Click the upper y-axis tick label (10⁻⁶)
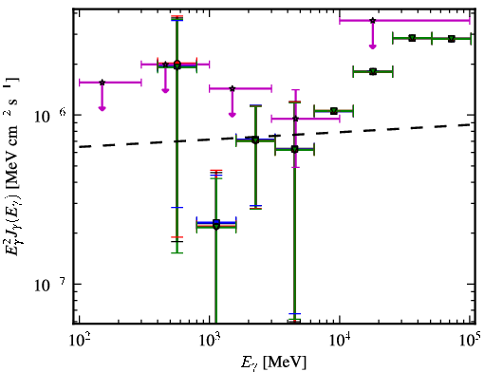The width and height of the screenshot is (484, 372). click(x=50, y=116)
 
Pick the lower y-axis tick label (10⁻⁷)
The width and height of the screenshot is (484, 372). click(x=50, y=285)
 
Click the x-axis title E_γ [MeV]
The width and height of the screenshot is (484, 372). click(x=273, y=363)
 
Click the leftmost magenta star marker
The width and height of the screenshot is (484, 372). click(x=102, y=83)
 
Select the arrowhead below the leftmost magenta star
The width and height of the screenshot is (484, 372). click(x=102, y=108)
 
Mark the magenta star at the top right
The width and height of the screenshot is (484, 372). click(x=373, y=21)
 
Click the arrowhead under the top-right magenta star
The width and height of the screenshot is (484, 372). click(x=373, y=46)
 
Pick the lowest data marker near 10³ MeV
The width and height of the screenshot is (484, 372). click(x=216, y=225)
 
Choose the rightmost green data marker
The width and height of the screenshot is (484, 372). click(x=452, y=39)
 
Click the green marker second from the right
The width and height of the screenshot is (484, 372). click(x=412, y=38)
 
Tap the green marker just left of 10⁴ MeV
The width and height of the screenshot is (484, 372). click(x=333, y=111)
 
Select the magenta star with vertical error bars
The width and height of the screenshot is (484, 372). click(x=295, y=119)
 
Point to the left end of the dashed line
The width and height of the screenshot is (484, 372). click(x=80, y=147)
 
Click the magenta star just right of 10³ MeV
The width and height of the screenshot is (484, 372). click(x=233, y=88)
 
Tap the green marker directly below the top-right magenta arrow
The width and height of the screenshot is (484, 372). click(x=373, y=72)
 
